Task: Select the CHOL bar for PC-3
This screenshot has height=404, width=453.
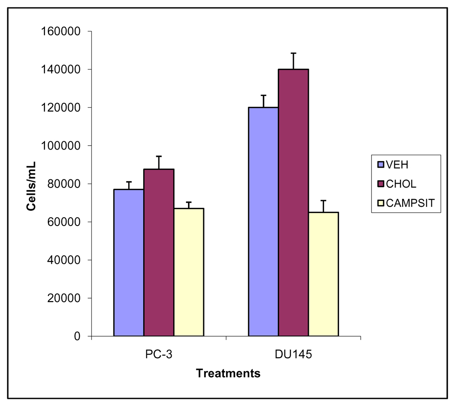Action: point(159,252)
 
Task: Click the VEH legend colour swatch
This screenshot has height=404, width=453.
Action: point(381,164)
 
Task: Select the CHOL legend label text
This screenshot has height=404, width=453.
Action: point(402,184)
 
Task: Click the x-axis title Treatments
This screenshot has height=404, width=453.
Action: point(228,373)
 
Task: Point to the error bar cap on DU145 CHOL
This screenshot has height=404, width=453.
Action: point(293,53)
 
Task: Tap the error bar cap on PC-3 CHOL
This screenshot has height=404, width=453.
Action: point(159,156)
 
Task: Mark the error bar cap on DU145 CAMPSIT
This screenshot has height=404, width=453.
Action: point(323,200)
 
